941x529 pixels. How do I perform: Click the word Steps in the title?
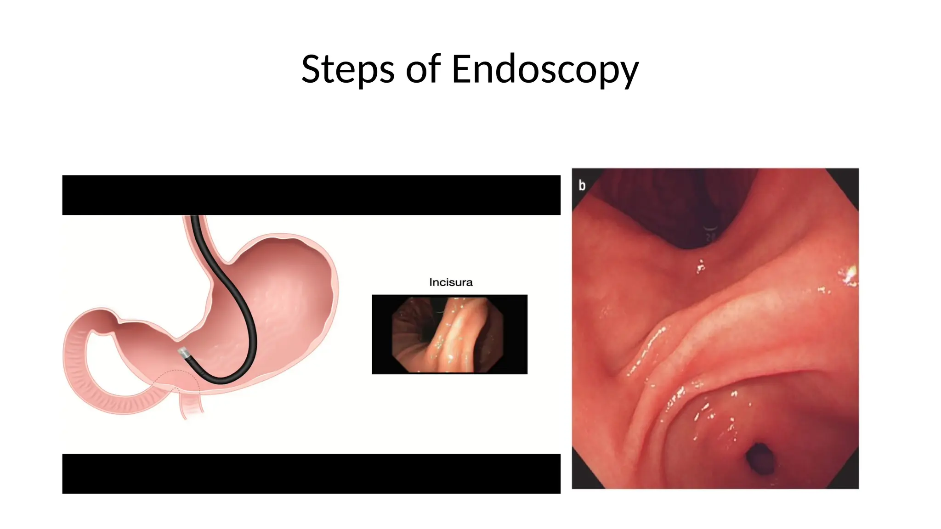coord(347,69)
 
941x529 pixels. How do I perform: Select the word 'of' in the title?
coord(423,69)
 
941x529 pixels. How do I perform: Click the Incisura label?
coord(450,282)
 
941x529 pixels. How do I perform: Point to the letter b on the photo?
coord(582,185)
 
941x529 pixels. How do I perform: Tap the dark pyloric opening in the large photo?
coord(759,457)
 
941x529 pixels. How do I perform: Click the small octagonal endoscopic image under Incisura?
coord(448,334)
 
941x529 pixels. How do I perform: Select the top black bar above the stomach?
coord(311,195)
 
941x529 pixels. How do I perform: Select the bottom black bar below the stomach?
coord(311,473)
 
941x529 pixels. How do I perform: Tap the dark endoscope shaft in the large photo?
coord(710,220)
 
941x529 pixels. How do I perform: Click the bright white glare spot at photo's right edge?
coord(848,276)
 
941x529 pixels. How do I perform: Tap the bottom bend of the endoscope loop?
coord(221,380)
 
